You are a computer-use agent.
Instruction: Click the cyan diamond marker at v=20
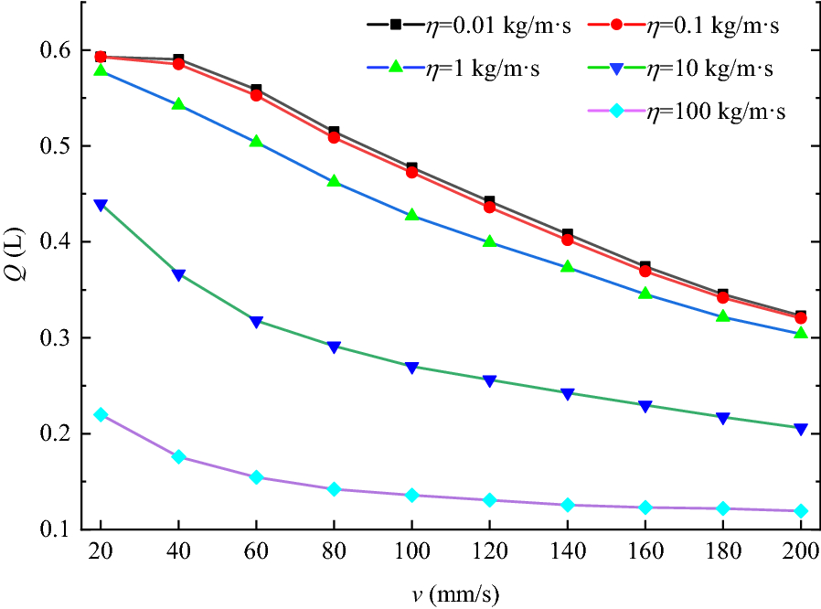tap(101, 414)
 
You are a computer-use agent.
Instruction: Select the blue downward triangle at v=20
tap(101, 205)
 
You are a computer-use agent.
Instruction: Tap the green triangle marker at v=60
tap(256, 142)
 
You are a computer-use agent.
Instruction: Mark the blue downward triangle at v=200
tap(801, 429)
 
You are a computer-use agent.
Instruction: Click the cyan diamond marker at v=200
tap(801, 510)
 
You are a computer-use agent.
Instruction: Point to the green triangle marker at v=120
tap(489, 242)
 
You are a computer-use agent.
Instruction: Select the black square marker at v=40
tap(178, 60)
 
